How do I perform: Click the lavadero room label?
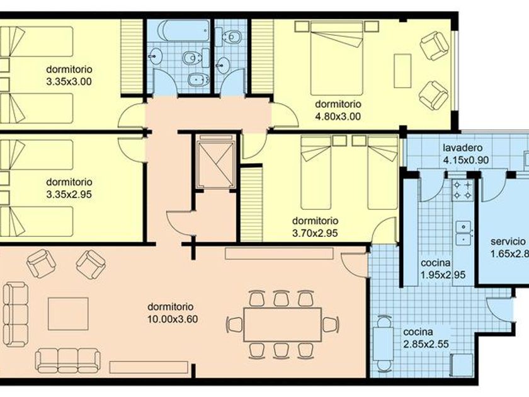[462, 148]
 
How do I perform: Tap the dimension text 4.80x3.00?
[338, 117]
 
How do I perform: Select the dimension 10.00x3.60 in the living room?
[173, 319]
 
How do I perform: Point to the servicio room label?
[508, 242]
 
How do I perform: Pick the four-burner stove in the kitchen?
[462, 190]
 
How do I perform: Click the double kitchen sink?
[464, 233]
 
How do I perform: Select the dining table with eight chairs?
[283, 325]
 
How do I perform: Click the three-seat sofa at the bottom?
[68, 360]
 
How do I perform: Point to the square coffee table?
[68, 314]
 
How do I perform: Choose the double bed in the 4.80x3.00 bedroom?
[337, 58]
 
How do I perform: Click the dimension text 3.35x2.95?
[69, 195]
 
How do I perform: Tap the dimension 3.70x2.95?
[315, 233]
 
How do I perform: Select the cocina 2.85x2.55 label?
[426, 338]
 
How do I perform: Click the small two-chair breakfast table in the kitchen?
[383, 343]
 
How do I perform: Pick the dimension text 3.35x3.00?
[69, 82]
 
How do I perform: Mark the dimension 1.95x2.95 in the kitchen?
[443, 275]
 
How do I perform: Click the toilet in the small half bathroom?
[232, 36]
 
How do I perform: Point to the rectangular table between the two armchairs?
[403, 71]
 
